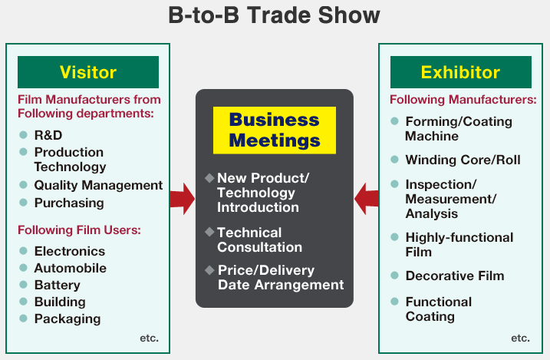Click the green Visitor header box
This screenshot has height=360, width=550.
point(88,72)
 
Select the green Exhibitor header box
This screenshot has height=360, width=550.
point(460,72)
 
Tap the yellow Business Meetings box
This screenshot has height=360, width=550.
point(275,130)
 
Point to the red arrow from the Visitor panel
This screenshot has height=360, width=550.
point(183,199)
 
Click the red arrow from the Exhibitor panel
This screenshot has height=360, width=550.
point(366,199)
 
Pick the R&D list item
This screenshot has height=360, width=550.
point(48,135)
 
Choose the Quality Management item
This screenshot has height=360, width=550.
point(98,185)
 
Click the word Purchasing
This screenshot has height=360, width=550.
point(69,203)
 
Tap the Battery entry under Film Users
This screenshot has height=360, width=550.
point(58,285)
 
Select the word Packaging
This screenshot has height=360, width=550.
point(68,319)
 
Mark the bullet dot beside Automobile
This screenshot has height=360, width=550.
point(24,268)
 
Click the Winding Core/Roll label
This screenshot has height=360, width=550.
point(463,160)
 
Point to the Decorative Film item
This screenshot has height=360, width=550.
point(455,276)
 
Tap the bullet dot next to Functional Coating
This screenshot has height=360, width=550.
point(394,302)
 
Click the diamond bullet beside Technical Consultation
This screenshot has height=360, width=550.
point(209,232)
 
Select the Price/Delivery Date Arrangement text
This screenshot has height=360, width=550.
point(281,278)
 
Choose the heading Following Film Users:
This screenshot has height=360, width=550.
point(79,230)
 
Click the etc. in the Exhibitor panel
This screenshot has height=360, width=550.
point(521,339)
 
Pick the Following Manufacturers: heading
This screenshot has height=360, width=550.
point(463,100)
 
